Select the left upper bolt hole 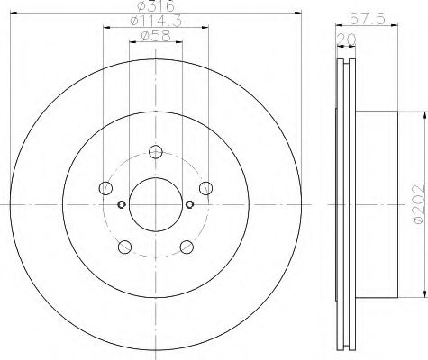click(x=105, y=187)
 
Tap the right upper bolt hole click(x=205, y=187)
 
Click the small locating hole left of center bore click(x=121, y=203)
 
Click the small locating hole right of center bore click(x=189, y=203)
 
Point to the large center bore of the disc click(x=154, y=204)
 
